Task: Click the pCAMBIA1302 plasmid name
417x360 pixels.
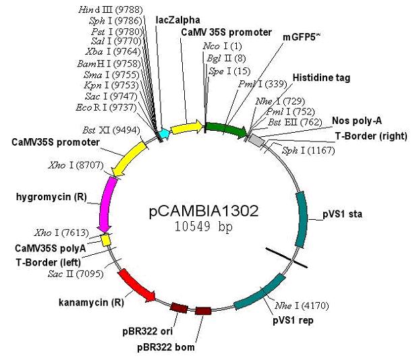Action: click(203, 211)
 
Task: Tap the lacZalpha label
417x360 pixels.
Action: click(176, 20)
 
